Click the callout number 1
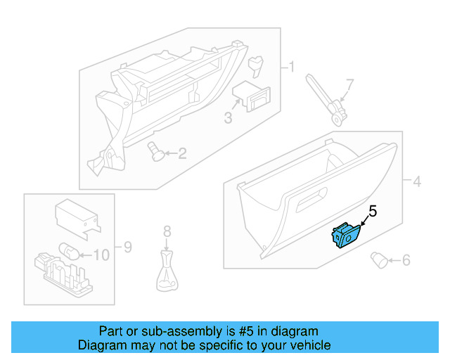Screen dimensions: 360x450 pyautogui.click(x=290, y=67)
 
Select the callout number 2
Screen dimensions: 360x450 pyautogui.click(x=181, y=153)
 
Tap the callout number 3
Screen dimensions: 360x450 pyautogui.click(x=228, y=118)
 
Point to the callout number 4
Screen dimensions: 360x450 pyautogui.click(x=416, y=182)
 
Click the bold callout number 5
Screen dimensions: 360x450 pyautogui.click(x=373, y=210)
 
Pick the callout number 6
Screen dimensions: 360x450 pyautogui.click(x=405, y=261)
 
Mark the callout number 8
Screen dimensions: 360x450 pyautogui.click(x=167, y=231)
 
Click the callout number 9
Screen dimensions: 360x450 pyautogui.click(x=127, y=247)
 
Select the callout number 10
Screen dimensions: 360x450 pyautogui.click(x=101, y=255)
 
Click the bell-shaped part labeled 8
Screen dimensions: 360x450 pyautogui.click(x=166, y=274)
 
